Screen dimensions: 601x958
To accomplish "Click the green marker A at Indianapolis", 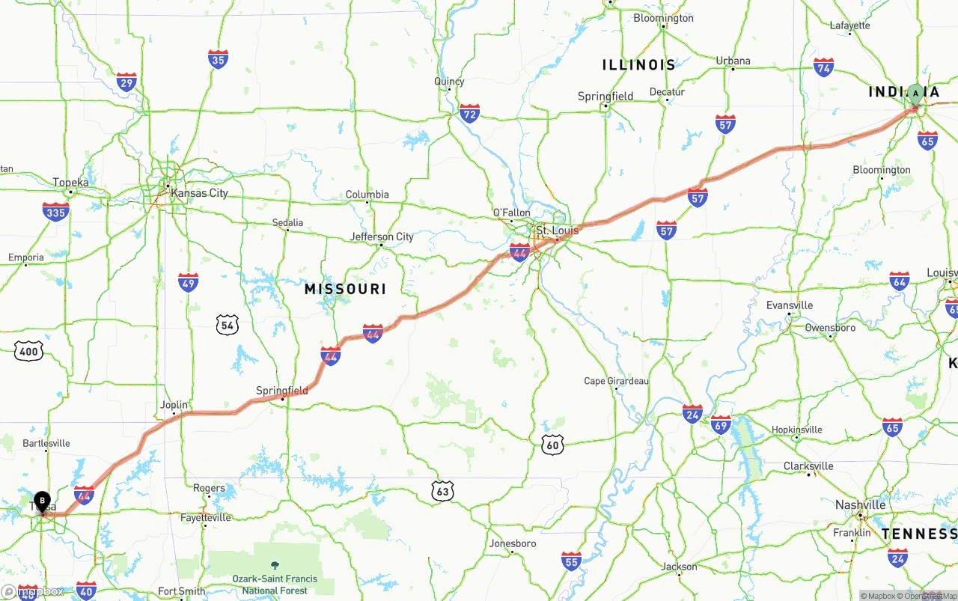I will (x=915, y=94).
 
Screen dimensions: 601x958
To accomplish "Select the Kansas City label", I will (x=199, y=193).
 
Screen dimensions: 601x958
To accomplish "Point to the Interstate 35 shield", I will (x=218, y=59).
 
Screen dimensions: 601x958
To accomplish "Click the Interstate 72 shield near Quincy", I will (x=469, y=114).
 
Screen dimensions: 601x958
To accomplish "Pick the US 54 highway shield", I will (x=228, y=324).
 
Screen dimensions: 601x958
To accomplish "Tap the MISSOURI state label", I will (x=345, y=289).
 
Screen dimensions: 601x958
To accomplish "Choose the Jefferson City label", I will (x=382, y=237).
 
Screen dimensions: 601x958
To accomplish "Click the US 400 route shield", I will (x=28, y=351).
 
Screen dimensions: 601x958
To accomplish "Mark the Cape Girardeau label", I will (x=616, y=381).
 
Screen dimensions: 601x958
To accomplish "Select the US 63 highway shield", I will (x=443, y=491).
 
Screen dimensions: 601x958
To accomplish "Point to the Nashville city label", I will (x=860, y=505).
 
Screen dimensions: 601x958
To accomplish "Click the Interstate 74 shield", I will (x=823, y=67).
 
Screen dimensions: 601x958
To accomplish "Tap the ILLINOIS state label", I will (x=638, y=65).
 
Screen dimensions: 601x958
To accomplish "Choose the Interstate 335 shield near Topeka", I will (x=56, y=212).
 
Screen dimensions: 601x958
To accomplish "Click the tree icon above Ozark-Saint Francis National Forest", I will (x=274, y=565).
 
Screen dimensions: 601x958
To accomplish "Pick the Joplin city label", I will (x=174, y=405).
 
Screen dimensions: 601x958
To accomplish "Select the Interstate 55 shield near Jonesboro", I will (x=571, y=561).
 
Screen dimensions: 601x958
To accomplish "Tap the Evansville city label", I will (x=790, y=305).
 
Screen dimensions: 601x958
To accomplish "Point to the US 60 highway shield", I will (x=552, y=444).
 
